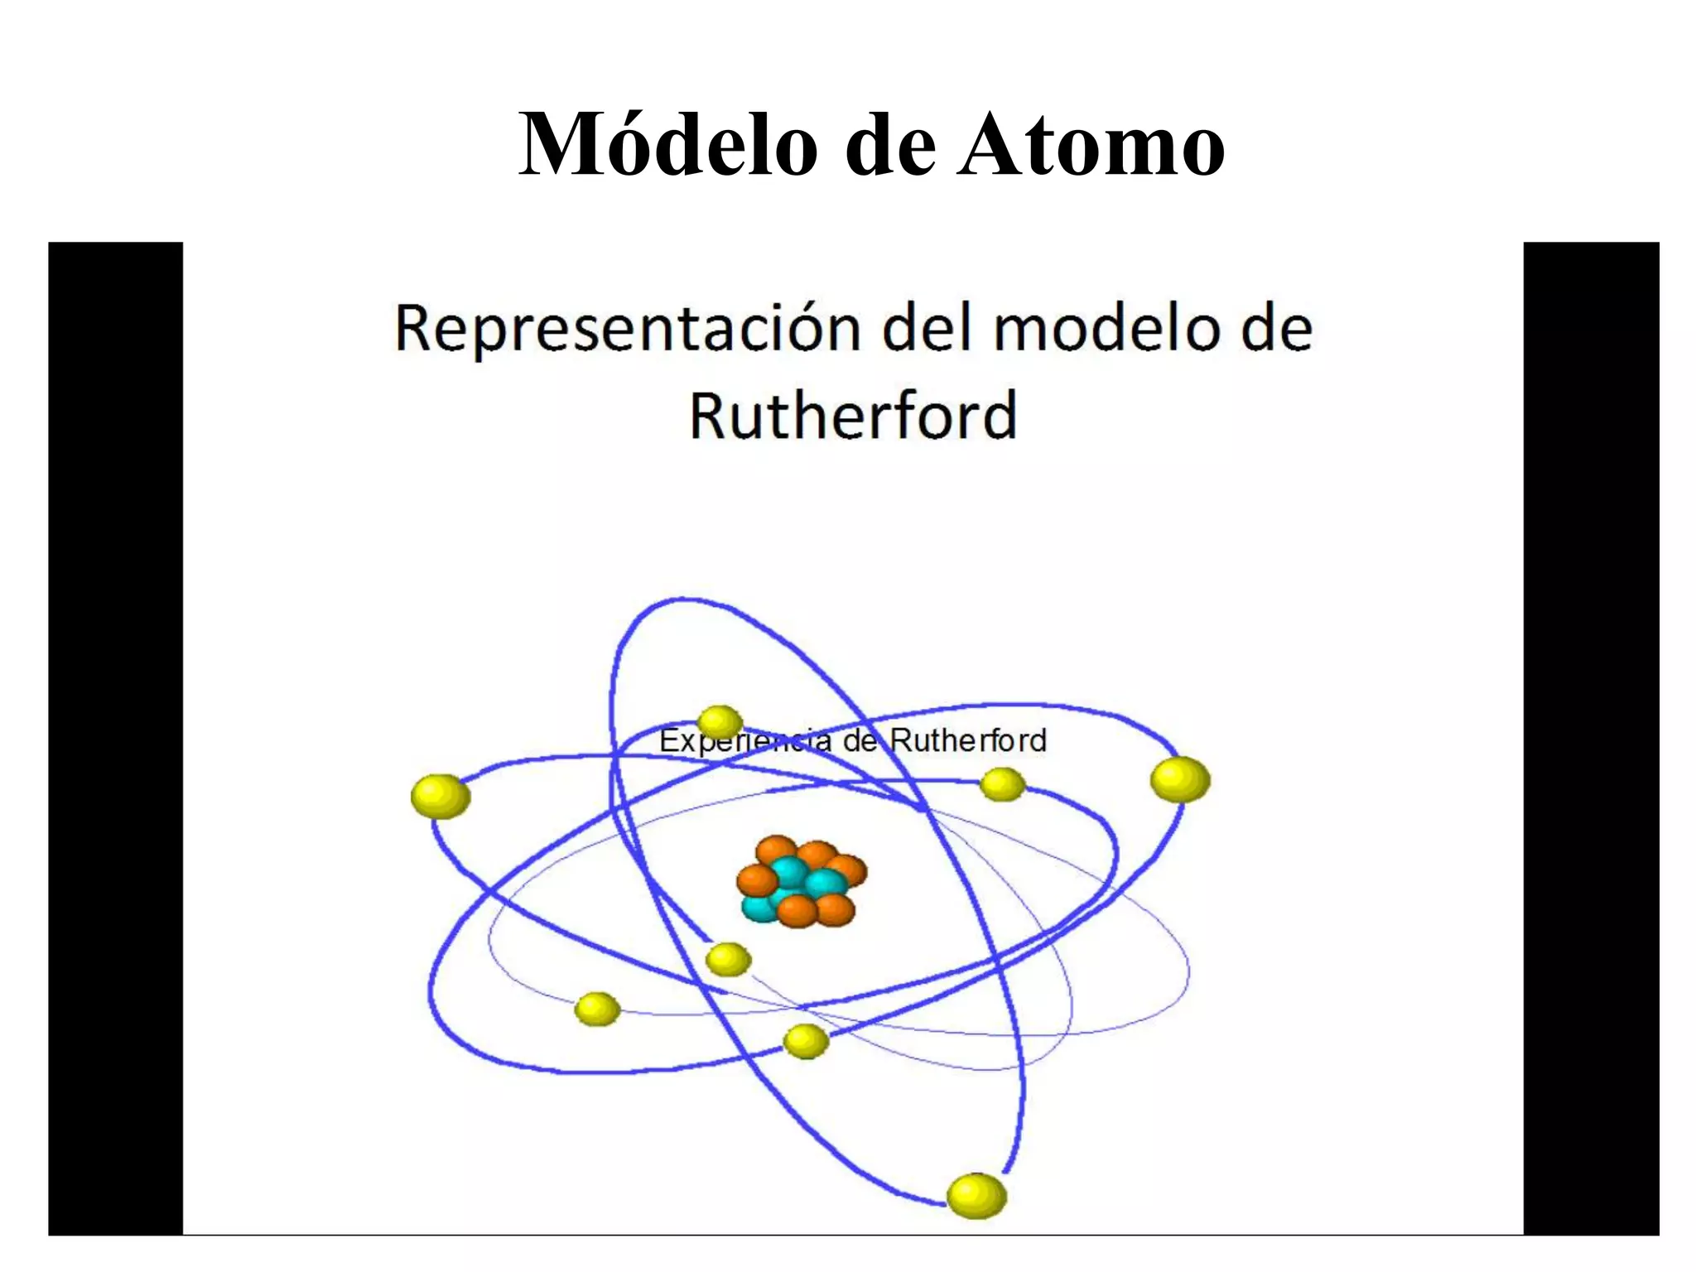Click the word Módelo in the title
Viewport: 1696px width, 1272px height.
click(x=667, y=145)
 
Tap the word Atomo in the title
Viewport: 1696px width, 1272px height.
click(x=1091, y=145)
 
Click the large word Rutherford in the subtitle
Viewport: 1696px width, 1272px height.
click(x=853, y=416)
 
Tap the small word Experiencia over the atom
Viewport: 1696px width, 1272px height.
click(x=744, y=740)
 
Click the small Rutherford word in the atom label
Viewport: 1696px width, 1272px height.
click(x=969, y=740)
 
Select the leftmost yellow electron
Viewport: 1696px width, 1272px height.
click(x=441, y=797)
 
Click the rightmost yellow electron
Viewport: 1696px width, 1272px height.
click(x=1180, y=780)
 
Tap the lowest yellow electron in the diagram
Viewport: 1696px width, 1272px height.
click(x=976, y=1196)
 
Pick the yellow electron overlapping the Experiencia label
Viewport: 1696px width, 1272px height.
click(x=720, y=723)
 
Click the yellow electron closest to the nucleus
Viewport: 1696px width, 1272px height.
click(x=728, y=960)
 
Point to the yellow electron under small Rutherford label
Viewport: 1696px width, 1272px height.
click(x=1002, y=784)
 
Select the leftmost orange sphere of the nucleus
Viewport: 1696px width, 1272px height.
click(x=757, y=881)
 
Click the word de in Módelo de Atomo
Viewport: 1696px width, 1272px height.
click(x=892, y=145)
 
